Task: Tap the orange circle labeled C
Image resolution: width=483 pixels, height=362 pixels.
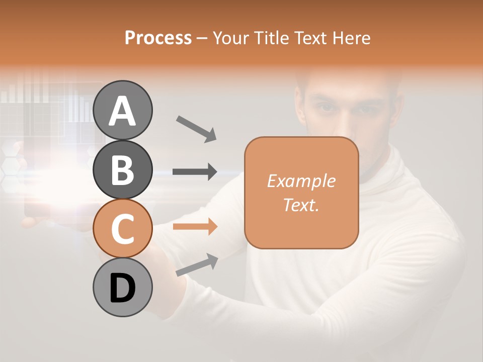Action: pyautogui.click(x=123, y=228)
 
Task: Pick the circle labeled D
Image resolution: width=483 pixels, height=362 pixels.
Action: pyautogui.click(x=123, y=288)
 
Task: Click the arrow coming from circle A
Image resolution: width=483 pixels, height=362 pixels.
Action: pyautogui.click(x=196, y=128)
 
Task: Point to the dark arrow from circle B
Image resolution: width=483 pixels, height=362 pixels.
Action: pyautogui.click(x=195, y=172)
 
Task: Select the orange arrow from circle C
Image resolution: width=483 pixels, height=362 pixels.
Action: pyautogui.click(x=195, y=227)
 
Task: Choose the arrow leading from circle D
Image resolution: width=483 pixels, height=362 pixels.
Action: pyautogui.click(x=197, y=265)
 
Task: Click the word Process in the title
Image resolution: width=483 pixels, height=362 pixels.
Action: pyautogui.click(x=158, y=38)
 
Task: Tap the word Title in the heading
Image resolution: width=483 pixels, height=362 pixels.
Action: pyautogui.click(x=267, y=38)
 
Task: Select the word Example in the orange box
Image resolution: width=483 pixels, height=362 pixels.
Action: pyautogui.click(x=301, y=181)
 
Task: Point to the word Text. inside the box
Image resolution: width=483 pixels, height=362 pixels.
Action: pyautogui.click(x=301, y=205)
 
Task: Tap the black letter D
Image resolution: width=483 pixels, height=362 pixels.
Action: pyautogui.click(x=123, y=288)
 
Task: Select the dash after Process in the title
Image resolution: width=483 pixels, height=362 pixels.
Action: pyautogui.click(x=202, y=38)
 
